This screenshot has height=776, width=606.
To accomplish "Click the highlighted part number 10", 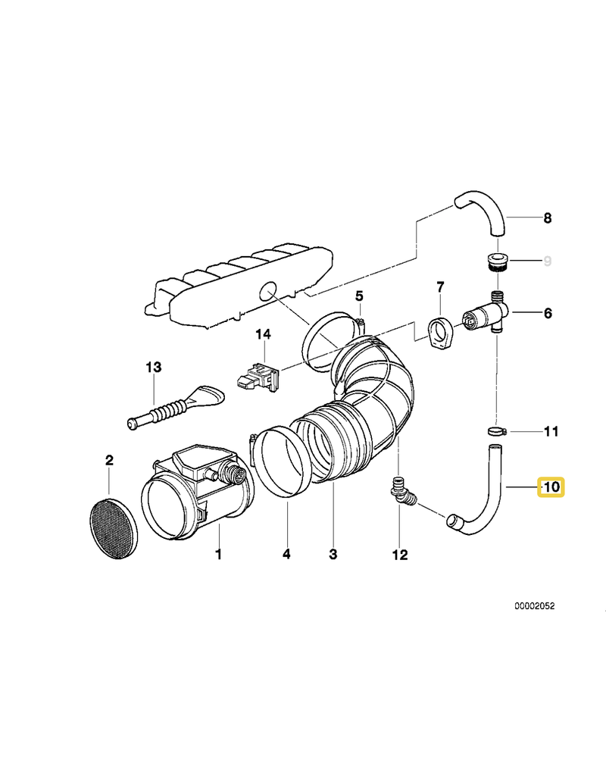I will click(x=550, y=487).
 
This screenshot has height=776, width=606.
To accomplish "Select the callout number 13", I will click(x=154, y=367).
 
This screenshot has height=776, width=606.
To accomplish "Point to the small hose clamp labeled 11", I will click(x=495, y=431).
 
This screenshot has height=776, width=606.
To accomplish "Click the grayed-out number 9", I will click(x=547, y=261).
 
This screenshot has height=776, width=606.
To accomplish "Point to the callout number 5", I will click(x=359, y=295).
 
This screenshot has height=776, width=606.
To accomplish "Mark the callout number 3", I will click(x=333, y=555).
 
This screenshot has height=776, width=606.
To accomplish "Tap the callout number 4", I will click(x=286, y=555).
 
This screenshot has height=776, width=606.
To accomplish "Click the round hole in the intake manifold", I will click(x=266, y=289).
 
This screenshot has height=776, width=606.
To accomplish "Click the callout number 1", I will click(x=218, y=555).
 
